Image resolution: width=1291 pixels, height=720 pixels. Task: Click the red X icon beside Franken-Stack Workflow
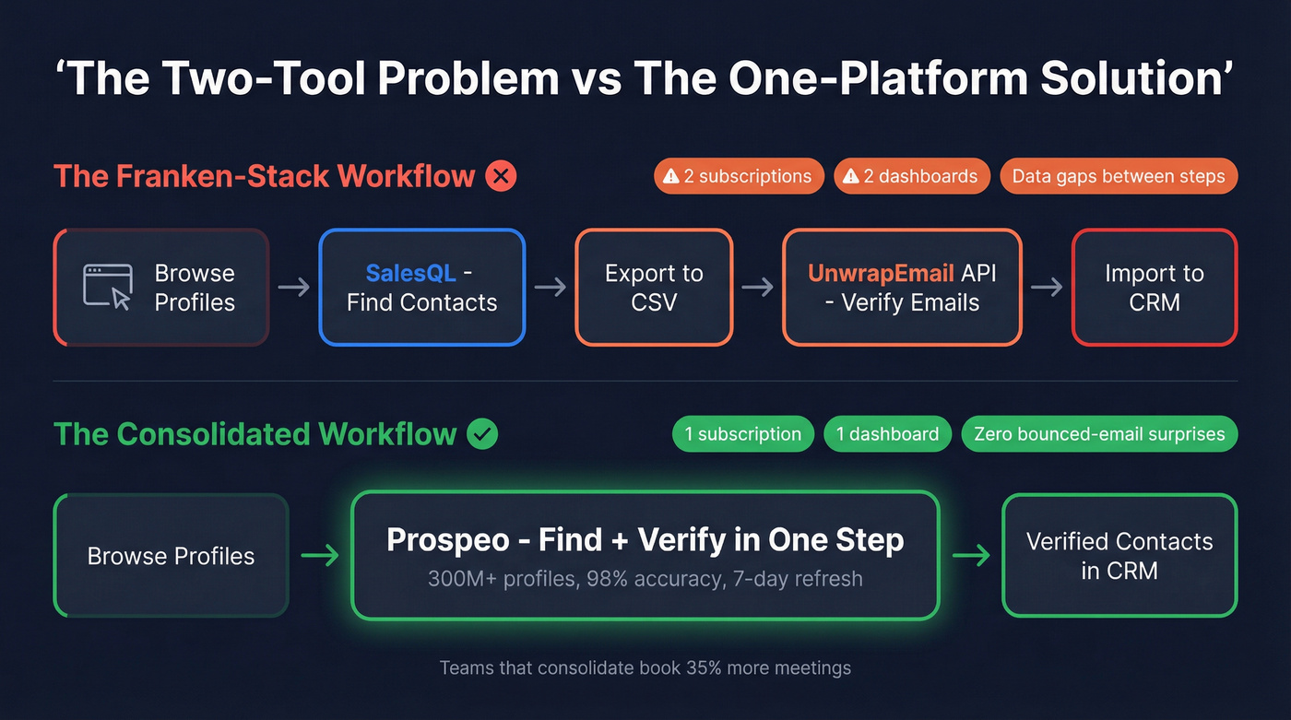tap(501, 175)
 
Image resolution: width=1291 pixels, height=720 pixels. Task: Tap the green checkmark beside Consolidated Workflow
tap(482, 433)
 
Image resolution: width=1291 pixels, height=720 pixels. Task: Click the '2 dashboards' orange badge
tap(911, 176)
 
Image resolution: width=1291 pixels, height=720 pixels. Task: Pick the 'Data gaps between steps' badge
tap(1118, 176)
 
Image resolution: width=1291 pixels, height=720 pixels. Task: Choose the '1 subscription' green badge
tap(742, 434)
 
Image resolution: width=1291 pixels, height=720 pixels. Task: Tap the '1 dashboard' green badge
tap(886, 434)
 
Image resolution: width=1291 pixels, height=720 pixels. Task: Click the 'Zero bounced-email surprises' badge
tap(1098, 434)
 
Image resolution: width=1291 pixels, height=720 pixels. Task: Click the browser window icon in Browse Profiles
tap(107, 287)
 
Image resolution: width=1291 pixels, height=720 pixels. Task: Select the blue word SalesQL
tap(410, 274)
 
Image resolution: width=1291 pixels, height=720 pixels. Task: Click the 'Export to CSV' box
tap(654, 288)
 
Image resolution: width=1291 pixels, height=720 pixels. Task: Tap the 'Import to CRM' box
tap(1154, 288)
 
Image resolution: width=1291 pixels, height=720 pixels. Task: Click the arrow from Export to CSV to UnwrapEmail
tap(757, 288)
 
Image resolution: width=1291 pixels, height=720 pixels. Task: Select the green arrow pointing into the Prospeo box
tap(320, 556)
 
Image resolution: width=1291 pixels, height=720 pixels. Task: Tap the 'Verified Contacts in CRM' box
tap(1119, 555)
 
